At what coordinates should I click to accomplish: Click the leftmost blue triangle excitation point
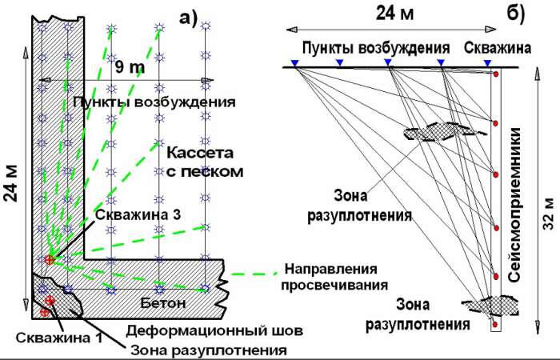click(x=295, y=62)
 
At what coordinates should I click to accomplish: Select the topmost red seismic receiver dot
click(x=496, y=74)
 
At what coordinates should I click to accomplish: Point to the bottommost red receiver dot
click(x=496, y=325)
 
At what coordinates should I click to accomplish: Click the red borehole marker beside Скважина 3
click(x=50, y=259)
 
